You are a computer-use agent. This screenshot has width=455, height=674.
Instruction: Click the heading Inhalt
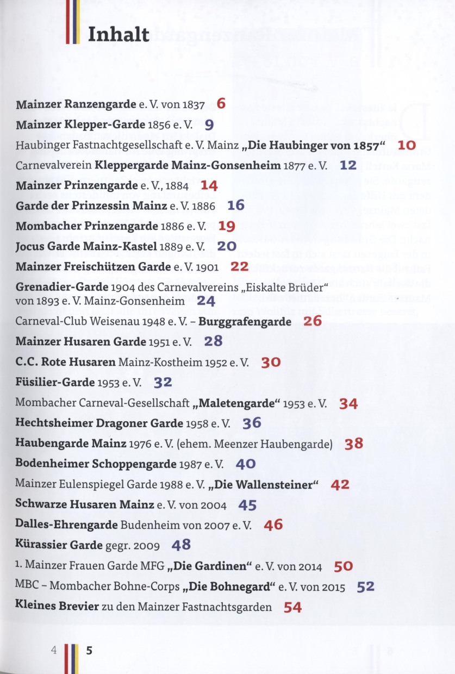click(118, 34)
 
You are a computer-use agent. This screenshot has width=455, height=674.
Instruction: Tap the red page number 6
click(221, 103)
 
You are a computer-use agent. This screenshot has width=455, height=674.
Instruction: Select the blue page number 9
click(209, 124)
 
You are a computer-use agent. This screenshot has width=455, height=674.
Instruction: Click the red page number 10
click(407, 145)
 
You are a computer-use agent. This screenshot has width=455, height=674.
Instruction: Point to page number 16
click(236, 205)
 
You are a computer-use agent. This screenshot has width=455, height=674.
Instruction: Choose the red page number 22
click(239, 266)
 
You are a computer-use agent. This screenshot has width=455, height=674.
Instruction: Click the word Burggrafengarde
click(245, 321)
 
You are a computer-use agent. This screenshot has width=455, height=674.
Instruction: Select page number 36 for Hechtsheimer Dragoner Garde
click(252, 423)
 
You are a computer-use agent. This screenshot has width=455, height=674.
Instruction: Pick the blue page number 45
click(247, 505)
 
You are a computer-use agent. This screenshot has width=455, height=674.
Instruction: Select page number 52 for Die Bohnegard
click(366, 587)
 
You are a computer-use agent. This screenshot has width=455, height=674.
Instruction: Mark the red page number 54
click(292, 608)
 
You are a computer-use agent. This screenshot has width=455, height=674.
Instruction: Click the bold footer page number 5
click(89, 650)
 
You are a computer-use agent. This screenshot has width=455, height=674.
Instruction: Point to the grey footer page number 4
click(54, 650)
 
